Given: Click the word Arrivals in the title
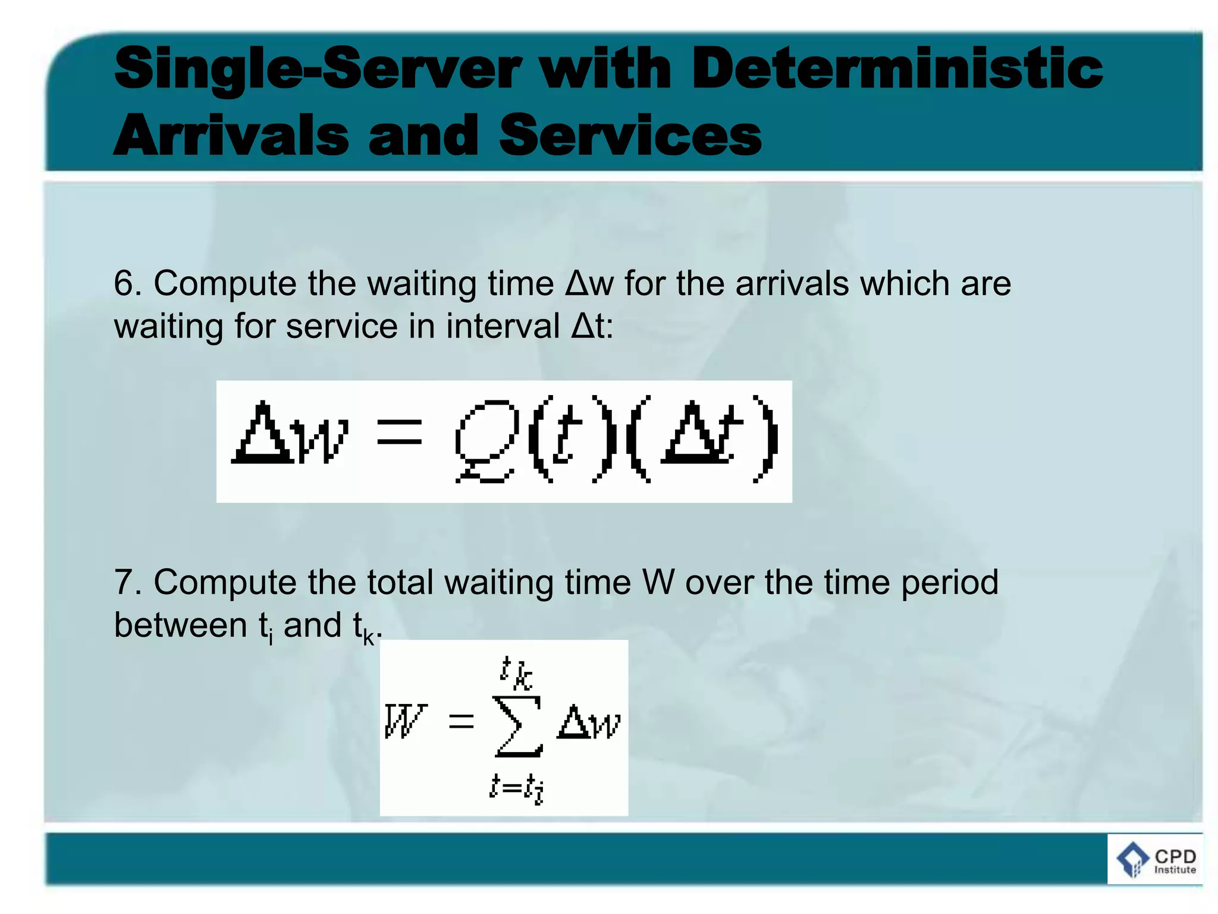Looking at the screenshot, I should click(231, 136).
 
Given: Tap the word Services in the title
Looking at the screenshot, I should click(630, 136).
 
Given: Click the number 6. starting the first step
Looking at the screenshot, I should click(127, 283).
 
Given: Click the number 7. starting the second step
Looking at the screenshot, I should click(127, 582).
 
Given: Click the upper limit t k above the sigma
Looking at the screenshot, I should click(515, 672).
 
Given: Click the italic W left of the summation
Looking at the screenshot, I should click(405, 721).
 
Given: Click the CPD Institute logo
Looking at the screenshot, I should click(1155, 859).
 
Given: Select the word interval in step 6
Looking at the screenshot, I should click(503, 327).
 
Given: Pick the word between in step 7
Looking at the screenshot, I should click(180, 625).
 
